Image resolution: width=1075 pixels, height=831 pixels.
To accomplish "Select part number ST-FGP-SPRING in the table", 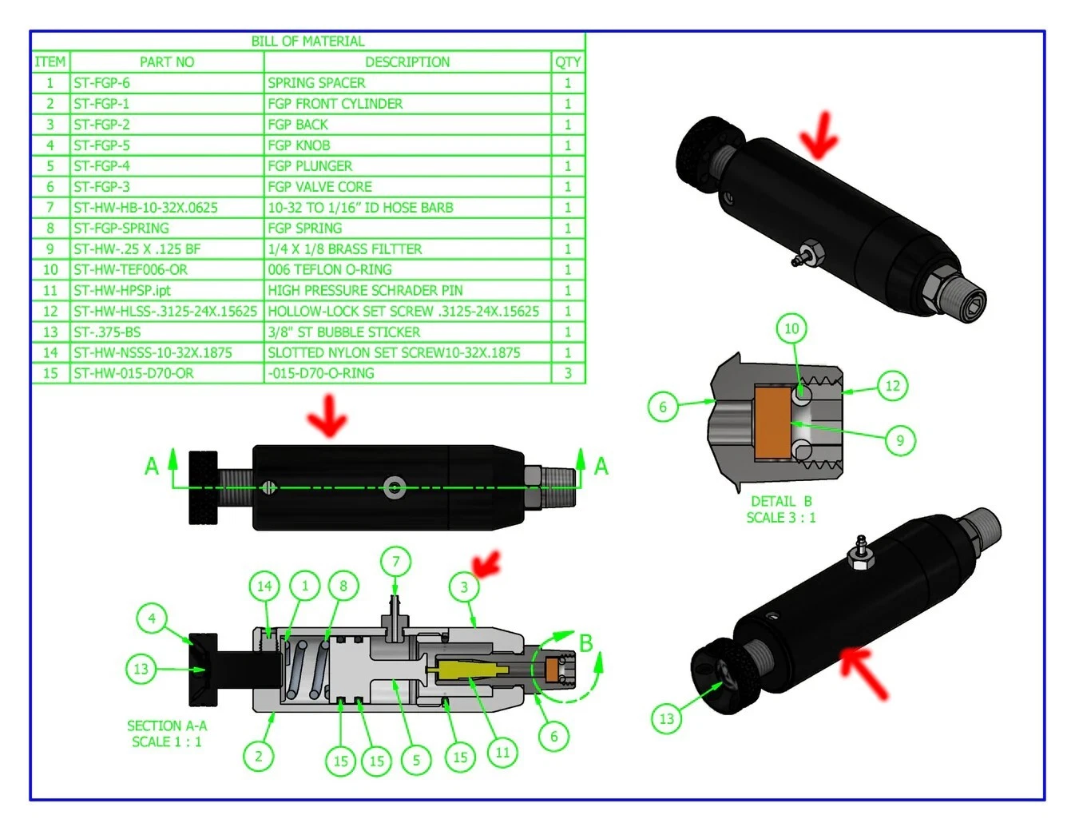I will [x=121, y=229].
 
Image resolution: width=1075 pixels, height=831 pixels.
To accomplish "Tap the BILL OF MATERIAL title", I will [x=307, y=42].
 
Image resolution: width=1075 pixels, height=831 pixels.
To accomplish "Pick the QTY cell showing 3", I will [x=568, y=373].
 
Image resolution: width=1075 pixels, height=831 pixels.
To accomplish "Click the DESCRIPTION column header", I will [x=407, y=62].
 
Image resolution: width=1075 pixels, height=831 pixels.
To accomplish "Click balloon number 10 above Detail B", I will [x=791, y=328].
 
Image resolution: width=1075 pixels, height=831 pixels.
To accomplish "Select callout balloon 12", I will [x=892, y=386].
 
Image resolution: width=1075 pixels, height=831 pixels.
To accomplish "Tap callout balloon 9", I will [x=900, y=440].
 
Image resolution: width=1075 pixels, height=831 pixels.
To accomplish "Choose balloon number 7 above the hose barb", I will [x=395, y=562].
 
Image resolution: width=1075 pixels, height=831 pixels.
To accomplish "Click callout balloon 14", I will [x=264, y=586].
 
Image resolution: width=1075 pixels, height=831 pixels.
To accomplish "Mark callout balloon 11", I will [x=502, y=752].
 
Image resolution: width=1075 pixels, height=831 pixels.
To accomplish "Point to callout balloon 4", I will [x=152, y=618].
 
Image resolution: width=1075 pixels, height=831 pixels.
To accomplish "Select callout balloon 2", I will [x=259, y=756].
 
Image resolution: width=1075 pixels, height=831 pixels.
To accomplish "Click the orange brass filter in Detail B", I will [x=772, y=423].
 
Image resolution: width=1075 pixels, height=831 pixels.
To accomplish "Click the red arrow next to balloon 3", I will [x=487, y=564].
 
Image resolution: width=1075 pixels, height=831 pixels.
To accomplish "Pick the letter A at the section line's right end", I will [x=601, y=466].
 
